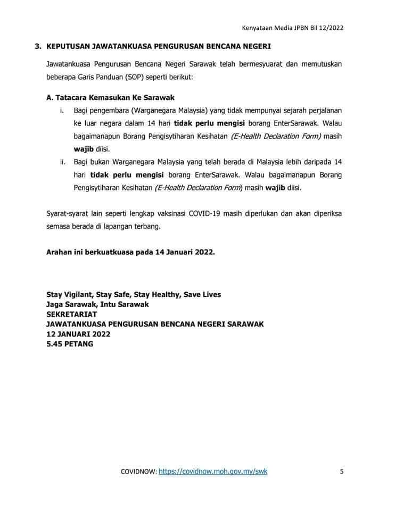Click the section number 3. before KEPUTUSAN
click(38, 47)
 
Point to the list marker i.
click(61, 110)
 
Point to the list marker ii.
click(62, 162)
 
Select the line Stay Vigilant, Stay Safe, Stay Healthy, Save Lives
click(134, 294)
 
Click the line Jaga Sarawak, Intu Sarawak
click(97, 304)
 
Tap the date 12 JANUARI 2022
click(78, 334)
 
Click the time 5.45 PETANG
click(70, 344)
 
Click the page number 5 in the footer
click(342, 471)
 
